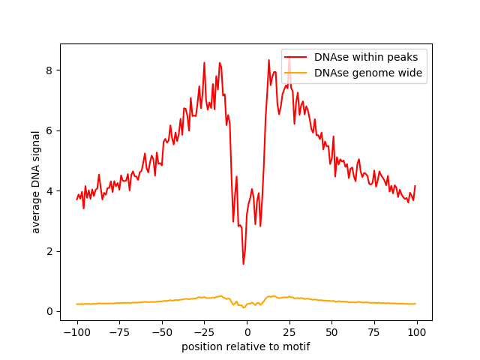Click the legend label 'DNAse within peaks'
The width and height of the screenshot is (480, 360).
click(366, 57)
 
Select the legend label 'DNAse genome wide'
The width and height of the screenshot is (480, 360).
click(368, 73)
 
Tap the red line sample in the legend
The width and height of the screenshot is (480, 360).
click(295, 57)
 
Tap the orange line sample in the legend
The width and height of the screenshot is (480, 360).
click(295, 73)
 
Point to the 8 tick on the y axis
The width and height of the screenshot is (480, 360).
click(49, 70)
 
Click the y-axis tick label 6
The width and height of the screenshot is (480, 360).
click(49, 131)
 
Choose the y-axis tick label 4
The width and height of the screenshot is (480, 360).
click(49, 191)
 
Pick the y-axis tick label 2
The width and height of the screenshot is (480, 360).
click(49, 252)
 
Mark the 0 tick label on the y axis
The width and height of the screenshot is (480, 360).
click(49, 312)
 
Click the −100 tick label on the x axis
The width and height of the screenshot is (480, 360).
click(77, 332)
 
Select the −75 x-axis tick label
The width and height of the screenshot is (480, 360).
click(120, 332)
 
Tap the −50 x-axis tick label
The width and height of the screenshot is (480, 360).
click(162, 332)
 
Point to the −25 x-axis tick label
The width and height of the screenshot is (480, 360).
click(205, 332)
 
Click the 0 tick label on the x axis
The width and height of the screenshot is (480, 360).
click(247, 332)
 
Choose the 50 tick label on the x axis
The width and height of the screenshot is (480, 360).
click(331, 332)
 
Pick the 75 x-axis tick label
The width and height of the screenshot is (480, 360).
click(374, 332)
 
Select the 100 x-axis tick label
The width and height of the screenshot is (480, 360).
click(417, 332)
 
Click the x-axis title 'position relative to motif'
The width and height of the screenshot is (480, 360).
click(246, 347)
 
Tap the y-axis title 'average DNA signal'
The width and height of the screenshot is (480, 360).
click(36, 182)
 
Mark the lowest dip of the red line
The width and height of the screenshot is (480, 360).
click(243, 264)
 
